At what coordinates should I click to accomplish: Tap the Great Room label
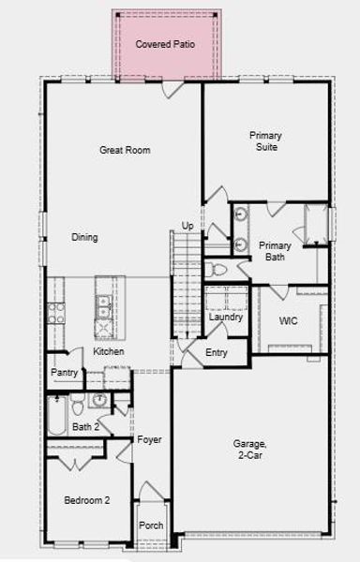(x=126, y=150)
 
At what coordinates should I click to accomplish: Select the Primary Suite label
(x=265, y=141)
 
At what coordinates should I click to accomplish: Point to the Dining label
(x=84, y=237)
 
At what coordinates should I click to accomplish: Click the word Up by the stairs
(x=187, y=226)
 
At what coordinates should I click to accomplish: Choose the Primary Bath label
(x=275, y=251)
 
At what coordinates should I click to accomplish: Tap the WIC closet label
(x=289, y=320)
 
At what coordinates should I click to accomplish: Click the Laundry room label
(x=226, y=318)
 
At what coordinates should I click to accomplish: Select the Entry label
(x=217, y=352)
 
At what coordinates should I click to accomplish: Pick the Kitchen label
(x=109, y=351)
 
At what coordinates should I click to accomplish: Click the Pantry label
(x=65, y=373)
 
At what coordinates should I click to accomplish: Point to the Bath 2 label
(x=86, y=427)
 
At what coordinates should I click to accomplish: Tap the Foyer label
(x=149, y=439)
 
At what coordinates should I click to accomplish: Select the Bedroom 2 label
(x=86, y=501)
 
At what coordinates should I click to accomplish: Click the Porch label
(x=151, y=525)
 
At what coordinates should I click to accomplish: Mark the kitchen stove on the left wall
(x=56, y=313)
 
